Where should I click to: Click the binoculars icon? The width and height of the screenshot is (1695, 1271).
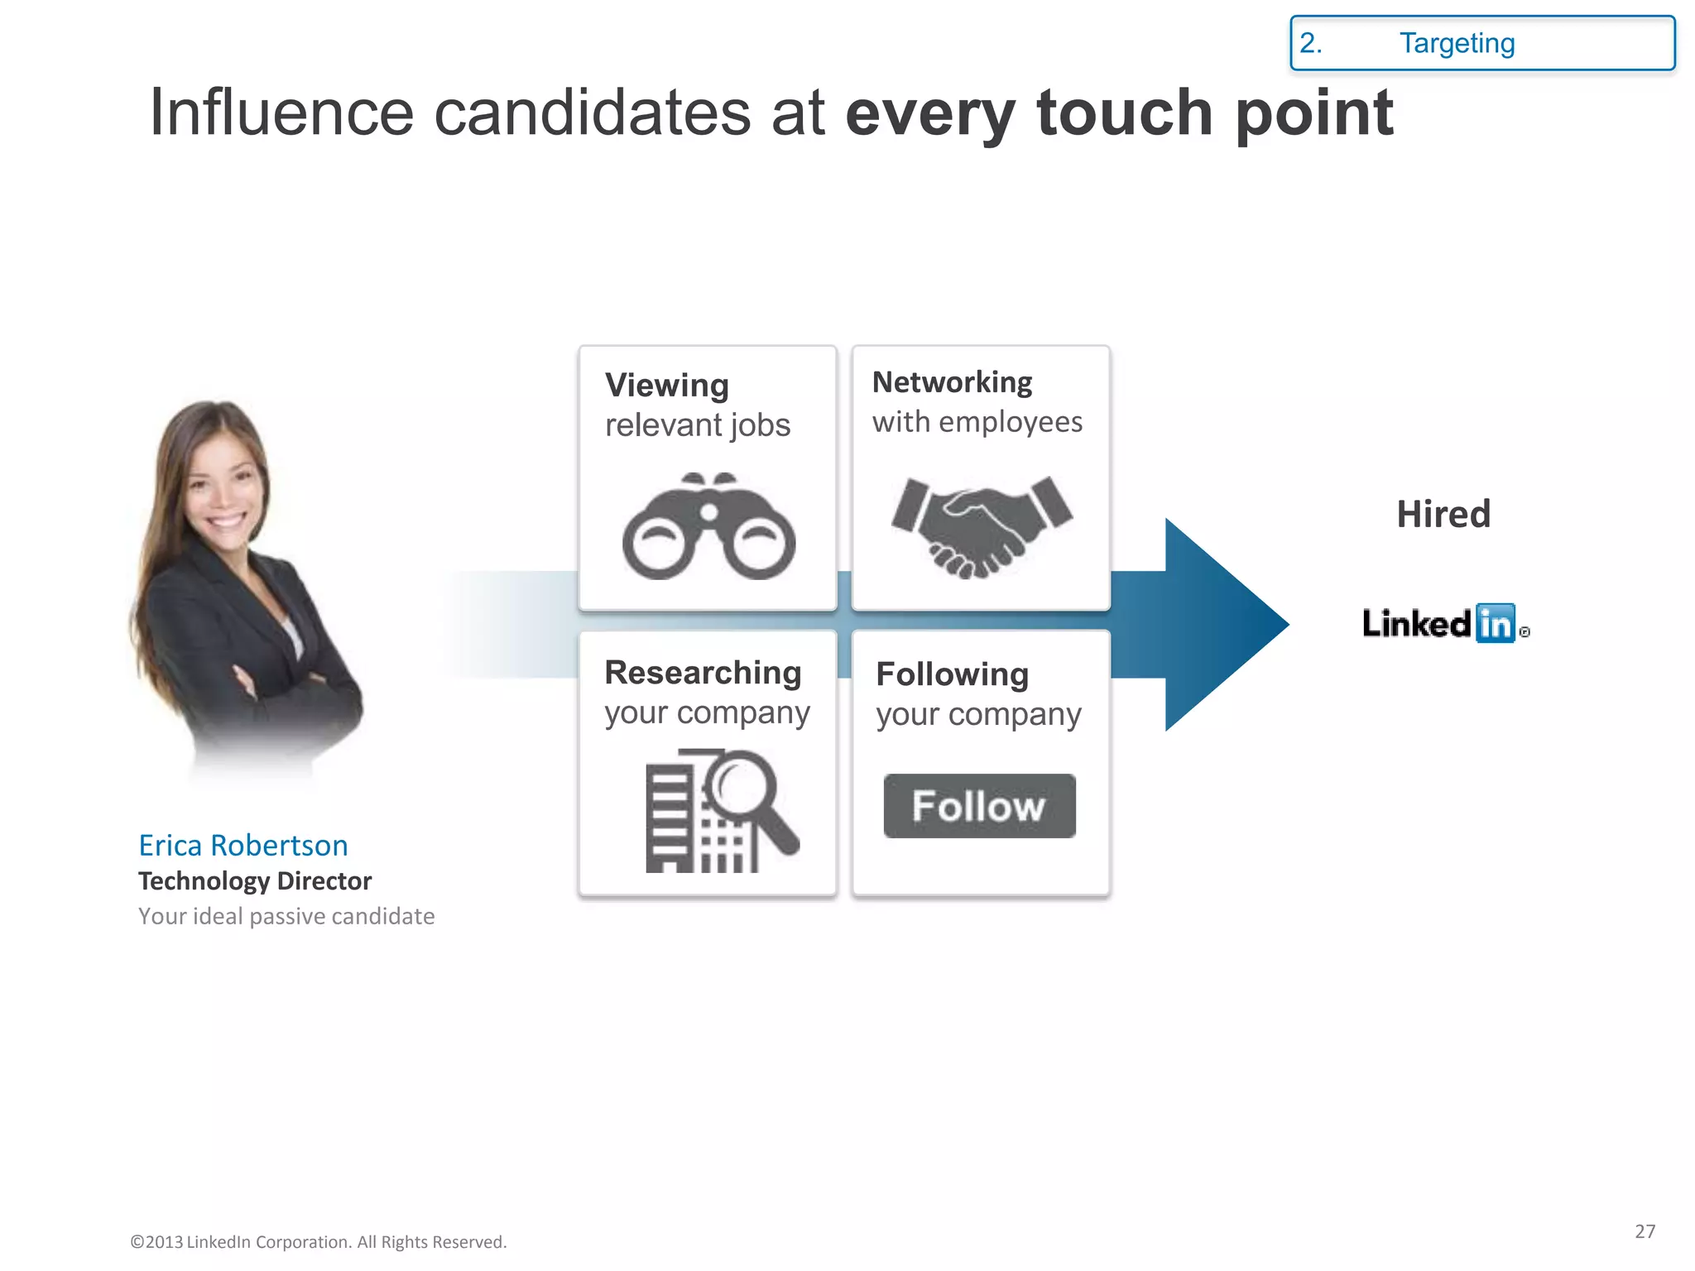pos(708,527)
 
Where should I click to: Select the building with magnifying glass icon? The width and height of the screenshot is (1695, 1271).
pos(720,810)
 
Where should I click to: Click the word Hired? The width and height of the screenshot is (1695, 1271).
pos(1443,514)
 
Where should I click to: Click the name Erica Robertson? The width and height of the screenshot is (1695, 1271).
pos(242,845)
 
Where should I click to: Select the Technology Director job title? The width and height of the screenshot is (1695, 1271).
pos(255,880)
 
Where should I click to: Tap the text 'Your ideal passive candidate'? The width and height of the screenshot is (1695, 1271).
pos(286,916)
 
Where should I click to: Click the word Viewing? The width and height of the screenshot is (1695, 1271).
pos(667,386)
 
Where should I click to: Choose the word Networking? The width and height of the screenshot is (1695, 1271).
pos(952,382)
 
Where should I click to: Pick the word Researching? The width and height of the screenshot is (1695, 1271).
pos(703,673)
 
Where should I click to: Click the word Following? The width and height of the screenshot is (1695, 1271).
pos(952,674)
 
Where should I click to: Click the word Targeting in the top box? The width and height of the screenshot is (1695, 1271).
pos(1457,43)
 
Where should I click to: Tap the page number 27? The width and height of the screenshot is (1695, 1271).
pos(1645,1231)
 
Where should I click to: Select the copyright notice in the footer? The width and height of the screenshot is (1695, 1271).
pos(318,1242)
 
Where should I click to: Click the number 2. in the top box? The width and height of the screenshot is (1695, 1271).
pos(1310,43)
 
